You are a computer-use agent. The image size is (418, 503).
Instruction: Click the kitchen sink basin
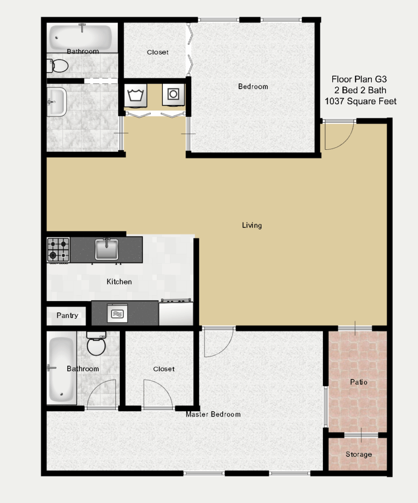point(106,249)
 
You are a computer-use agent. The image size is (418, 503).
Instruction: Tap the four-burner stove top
point(58,250)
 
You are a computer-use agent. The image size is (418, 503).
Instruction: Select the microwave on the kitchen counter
point(117,313)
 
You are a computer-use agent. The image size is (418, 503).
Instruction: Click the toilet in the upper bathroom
point(58,66)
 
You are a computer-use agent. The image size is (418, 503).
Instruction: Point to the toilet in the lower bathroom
point(96,343)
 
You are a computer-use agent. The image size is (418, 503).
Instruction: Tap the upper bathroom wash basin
point(57,102)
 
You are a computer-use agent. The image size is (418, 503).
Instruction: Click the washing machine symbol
point(135,95)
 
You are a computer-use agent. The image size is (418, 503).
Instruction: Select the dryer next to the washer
point(173,94)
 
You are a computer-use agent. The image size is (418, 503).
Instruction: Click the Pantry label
point(67,316)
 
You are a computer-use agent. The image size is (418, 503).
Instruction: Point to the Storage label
point(359,454)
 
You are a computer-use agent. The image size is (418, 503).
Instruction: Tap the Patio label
point(359,382)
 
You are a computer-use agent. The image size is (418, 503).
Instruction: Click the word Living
point(252,225)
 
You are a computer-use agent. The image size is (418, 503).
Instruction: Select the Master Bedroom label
point(213,415)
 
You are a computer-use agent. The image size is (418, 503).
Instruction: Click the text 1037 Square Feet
point(360,101)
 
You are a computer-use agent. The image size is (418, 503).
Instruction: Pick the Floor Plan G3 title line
point(359,79)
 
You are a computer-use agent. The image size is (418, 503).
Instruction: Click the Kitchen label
point(119,281)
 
